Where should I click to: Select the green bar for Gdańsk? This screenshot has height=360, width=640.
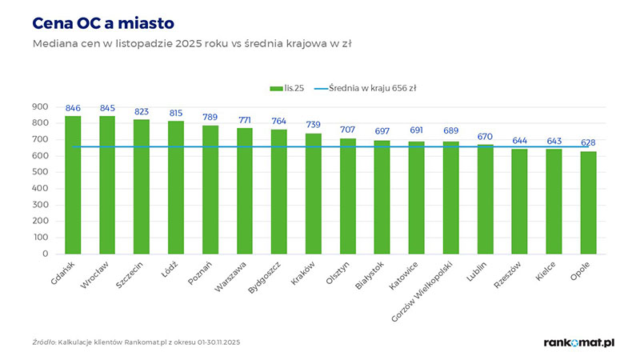[73, 184]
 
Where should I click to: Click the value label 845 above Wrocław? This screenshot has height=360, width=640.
[107, 109]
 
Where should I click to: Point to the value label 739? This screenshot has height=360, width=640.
[314, 125]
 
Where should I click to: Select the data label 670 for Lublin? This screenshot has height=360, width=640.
[485, 137]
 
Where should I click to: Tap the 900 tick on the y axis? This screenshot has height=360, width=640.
[40, 107]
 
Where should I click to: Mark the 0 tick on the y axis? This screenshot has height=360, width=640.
[46, 254]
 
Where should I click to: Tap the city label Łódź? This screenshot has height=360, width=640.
[169, 268]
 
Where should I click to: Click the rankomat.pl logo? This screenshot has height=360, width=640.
[578, 342]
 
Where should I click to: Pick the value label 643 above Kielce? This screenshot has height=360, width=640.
[554, 141]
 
